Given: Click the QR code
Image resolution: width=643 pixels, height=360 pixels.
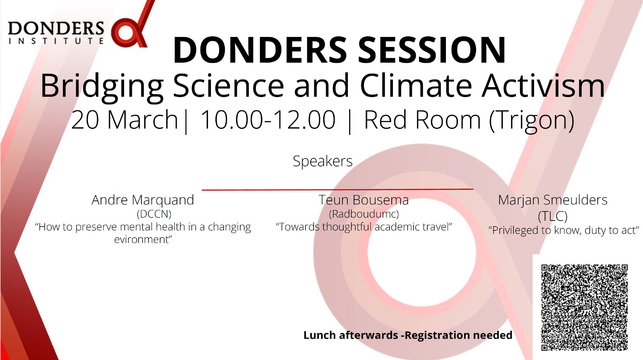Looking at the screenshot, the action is pyautogui.click(x=584, y=307).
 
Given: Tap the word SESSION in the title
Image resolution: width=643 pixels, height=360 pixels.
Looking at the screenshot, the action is pyautogui.click(x=432, y=50).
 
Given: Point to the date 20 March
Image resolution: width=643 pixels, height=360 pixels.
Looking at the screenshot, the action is pyautogui.click(x=124, y=120).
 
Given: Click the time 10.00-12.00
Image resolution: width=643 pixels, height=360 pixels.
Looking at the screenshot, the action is pyautogui.click(x=268, y=120).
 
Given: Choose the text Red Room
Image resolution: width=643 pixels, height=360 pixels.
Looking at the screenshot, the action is pyautogui.click(x=422, y=120).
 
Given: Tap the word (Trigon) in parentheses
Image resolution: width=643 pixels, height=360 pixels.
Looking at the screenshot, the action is pyautogui.click(x=531, y=121).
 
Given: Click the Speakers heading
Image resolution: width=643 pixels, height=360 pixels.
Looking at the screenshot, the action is pyautogui.click(x=322, y=161).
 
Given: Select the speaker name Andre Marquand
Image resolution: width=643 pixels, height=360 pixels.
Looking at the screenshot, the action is pyautogui.click(x=143, y=200).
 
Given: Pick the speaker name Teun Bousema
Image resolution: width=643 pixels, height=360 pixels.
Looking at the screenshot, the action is pyautogui.click(x=364, y=200).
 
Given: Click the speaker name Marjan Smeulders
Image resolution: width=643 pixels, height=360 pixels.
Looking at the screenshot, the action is pyautogui.click(x=553, y=200).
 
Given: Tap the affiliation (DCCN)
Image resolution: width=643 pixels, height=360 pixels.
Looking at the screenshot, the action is pyautogui.click(x=154, y=214).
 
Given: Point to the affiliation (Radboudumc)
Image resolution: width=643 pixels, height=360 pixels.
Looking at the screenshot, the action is pyautogui.click(x=364, y=214).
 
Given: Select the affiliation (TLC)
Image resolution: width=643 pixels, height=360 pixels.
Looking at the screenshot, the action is pyautogui.click(x=553, y=216).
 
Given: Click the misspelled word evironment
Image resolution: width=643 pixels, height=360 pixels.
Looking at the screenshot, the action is pyautogui.click(x=143, y=239).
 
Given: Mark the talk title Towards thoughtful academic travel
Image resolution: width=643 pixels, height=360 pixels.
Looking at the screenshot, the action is pyautogui.click(x=364, y=227).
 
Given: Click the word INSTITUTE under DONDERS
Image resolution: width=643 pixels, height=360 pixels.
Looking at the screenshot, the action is pyautogui.click(x=56, y=41).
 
